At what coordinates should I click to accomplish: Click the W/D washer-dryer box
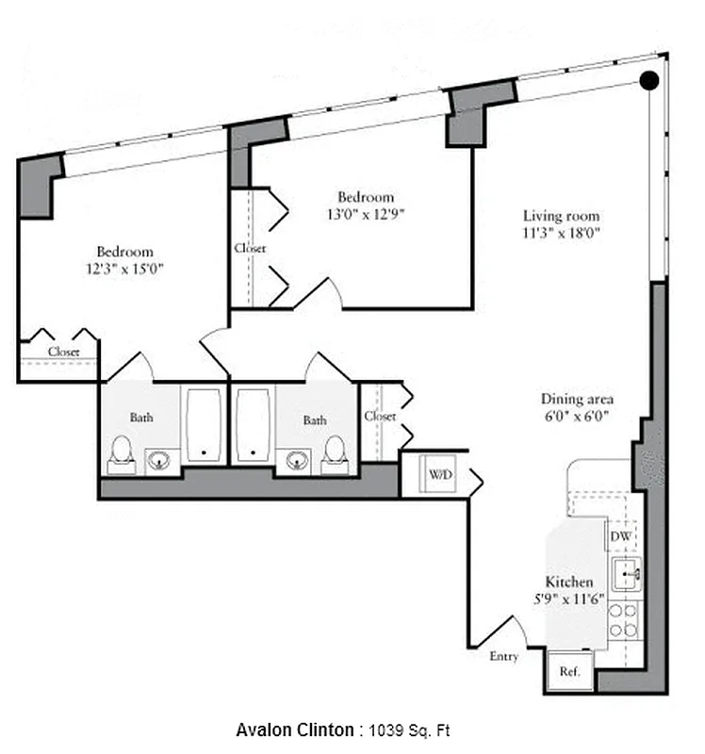click(440, 475)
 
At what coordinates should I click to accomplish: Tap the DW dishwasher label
click(620, 536)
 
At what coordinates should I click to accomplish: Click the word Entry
click(503, 656)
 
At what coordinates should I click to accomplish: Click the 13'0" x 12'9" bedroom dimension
click(366, 213)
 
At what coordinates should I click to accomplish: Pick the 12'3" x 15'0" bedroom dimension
click(124, 269)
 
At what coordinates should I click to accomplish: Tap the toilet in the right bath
click(335, 453)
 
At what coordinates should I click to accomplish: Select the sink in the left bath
click(159, 460)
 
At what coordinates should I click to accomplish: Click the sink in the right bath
click(298, 460)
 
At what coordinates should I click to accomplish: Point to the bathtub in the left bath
click(204, 425)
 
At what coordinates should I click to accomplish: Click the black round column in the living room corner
click(649, 81)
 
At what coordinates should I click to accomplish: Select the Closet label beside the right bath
click(380, 416)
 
